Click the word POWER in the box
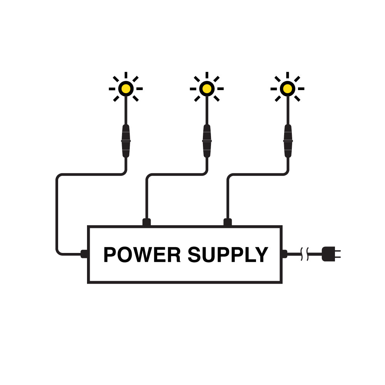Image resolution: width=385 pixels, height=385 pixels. (x=142, y=255)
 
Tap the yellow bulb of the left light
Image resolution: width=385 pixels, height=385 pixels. (x=126, y=89)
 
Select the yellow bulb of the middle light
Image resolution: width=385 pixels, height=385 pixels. (x=207, y=89)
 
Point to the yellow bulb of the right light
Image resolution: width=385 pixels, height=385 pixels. (x=287, y=89)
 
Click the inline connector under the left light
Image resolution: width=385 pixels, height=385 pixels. (x=126, y=141)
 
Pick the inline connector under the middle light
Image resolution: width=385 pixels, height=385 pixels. (x=207, y=141)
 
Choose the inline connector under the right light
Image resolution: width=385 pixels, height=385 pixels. (x=287, y=141)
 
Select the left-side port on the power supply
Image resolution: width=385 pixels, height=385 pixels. (x=84, y=254)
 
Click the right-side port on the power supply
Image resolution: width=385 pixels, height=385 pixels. (x=285, y=254)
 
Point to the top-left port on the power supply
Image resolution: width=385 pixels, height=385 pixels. (x=146, y=222)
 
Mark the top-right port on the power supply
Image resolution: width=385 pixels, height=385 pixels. (x=228, y=222)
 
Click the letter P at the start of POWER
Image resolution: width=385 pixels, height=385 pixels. (x=110, y=255)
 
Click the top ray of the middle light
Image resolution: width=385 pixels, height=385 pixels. (x=207, y=75)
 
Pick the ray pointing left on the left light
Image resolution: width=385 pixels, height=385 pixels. (x=112, y=89)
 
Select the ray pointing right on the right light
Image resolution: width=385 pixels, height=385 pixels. (x=301, y=89)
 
